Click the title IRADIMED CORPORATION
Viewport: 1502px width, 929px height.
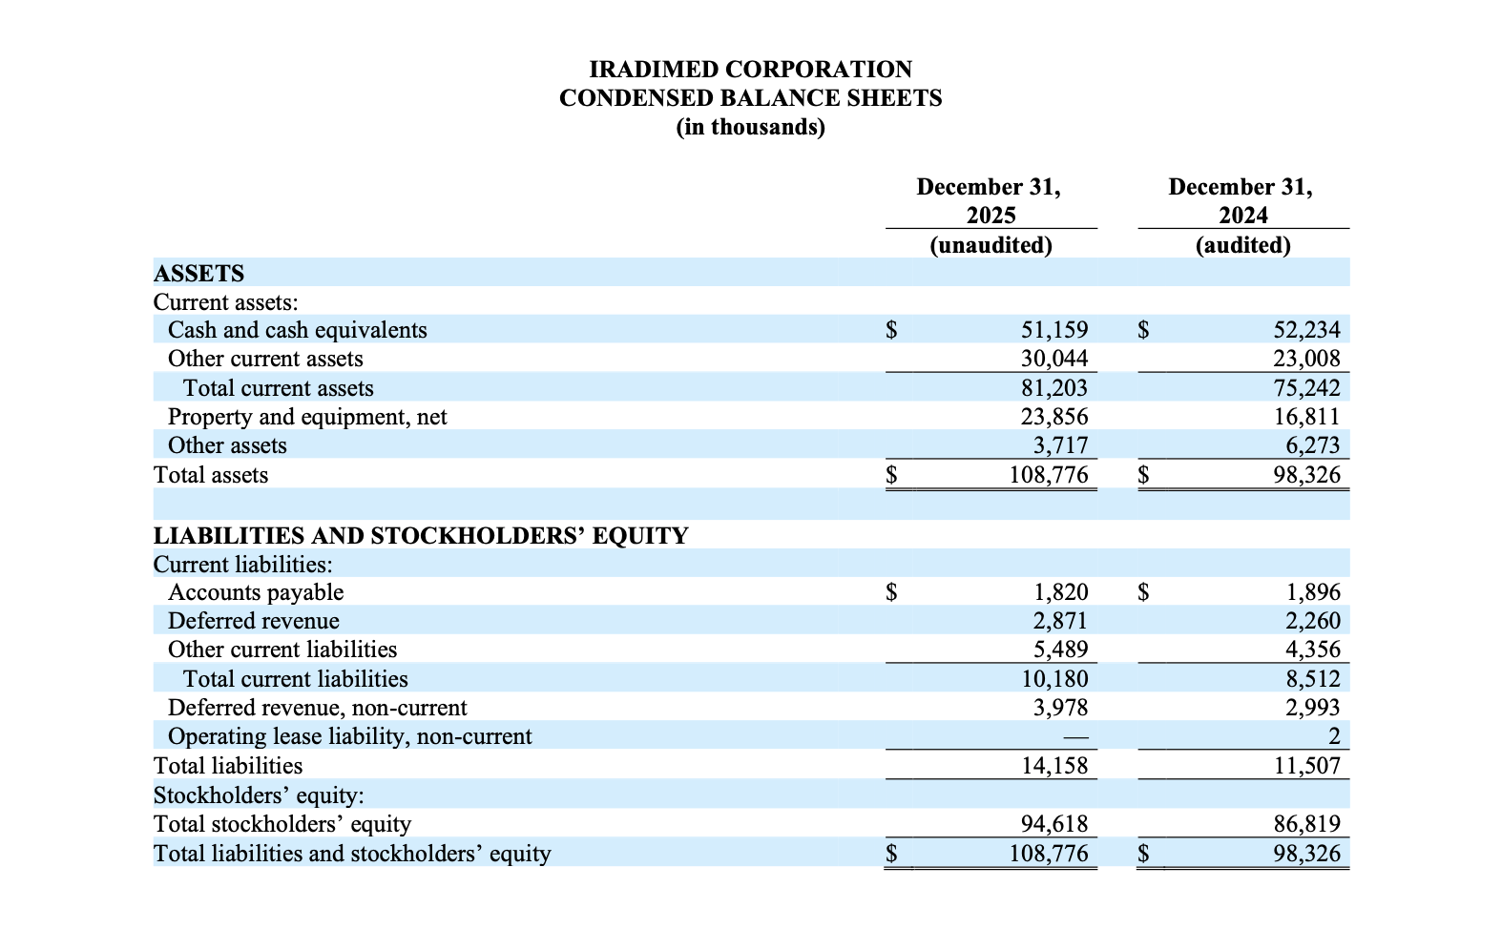750,70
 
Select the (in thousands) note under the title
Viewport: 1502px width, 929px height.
750,127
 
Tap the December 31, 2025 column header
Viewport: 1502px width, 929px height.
990,200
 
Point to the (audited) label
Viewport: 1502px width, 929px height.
1242,245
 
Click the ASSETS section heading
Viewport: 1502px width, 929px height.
198,274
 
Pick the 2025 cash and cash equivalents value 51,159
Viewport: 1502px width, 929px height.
1053,330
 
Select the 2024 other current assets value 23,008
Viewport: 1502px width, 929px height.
1306,359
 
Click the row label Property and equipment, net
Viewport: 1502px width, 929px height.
307,417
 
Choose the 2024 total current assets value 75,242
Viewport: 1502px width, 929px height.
1306,388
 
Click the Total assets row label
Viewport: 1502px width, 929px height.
211,475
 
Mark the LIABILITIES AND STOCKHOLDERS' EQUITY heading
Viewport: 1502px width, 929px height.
421,535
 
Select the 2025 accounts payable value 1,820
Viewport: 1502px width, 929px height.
1060,592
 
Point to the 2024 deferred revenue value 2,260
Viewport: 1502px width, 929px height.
1313,621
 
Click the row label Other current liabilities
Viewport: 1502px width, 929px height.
282,650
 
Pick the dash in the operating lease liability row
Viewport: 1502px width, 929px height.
1074,736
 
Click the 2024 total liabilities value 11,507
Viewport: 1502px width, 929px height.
1306,766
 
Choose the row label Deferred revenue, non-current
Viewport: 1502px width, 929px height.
318,708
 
